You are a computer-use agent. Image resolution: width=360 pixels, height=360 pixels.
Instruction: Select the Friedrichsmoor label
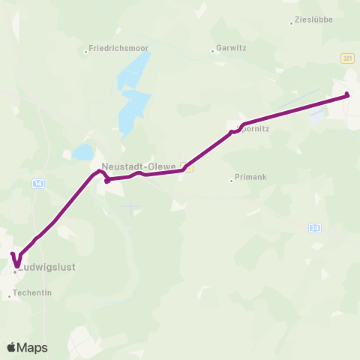pyautogui.click(x=120, y=49)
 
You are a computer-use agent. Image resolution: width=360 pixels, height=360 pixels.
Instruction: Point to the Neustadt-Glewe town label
pyautogui.click(x=139, y=167)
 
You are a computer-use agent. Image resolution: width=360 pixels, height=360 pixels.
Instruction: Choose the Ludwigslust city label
pyautogui.click(x=49, y=267)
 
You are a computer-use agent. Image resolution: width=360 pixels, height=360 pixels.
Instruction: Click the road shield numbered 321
pyautogui.click(x=346, y=58)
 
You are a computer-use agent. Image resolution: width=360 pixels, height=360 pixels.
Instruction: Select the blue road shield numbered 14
pyautogui.click(x=38, y=183)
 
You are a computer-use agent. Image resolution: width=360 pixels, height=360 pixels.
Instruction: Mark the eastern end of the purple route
pyautogui.click(x=347, y=94)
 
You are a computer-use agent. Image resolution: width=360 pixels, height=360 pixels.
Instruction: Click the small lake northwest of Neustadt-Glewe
pyautogui.click(x=82, y=152)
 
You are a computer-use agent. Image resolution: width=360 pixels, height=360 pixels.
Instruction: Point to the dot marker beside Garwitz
pyautogui.click(x=213, y=52)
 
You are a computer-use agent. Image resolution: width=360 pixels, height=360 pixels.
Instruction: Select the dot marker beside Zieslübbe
pyautogui.click(x=292, y=23)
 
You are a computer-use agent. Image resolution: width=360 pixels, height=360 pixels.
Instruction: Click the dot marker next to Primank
pyautogui.click(x=231, y=180)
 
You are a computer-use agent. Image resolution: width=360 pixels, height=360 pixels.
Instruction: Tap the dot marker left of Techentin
pyautogui.click(x=10, y=297)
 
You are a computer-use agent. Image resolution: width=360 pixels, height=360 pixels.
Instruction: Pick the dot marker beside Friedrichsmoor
pyautogui.click(x=86, y=52)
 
